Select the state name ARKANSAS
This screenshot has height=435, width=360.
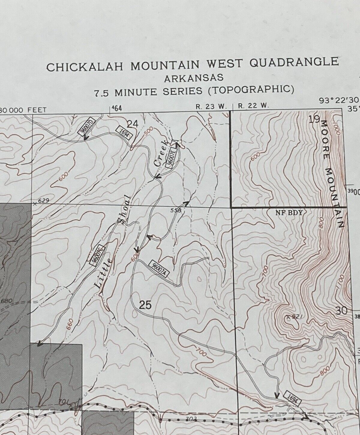point(194,78)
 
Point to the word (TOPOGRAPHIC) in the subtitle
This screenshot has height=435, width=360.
point(251,89)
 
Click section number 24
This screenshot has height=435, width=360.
point(133,124)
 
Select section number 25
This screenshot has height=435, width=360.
point(145,305)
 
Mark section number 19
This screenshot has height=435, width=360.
point(314,119)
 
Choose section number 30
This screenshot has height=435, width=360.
point(341,311)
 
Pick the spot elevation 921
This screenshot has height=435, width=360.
point(295,317)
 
